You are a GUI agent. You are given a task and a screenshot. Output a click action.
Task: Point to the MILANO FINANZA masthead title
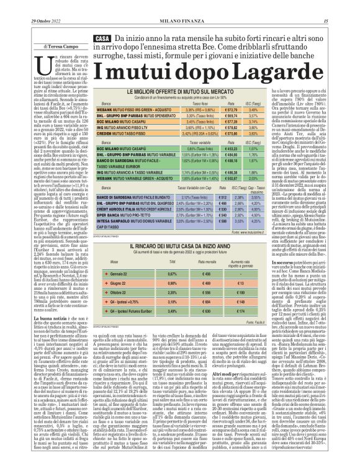pos(181,6)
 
